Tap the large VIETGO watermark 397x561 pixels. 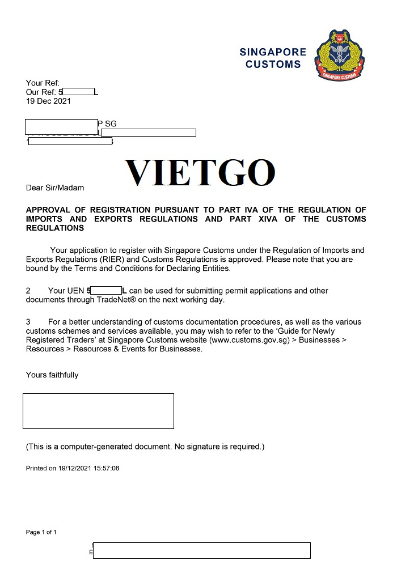click(x=200, y=173)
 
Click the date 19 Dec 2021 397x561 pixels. click(x=49, y=101)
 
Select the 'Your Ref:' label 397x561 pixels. click(x=43, y=83)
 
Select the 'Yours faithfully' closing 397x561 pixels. click(x=52, y=375)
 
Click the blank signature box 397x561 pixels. click(x=98, y=411)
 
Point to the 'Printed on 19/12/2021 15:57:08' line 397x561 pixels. click(x=73, y=469)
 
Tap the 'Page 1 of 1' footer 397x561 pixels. click(x=41, y=532)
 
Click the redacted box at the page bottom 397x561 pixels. click(x=201, y=550)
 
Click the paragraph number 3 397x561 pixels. click(x=28, y=322)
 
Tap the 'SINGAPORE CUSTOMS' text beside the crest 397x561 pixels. click(x=273, y=58)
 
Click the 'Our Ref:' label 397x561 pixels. click(x=41, y=92)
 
